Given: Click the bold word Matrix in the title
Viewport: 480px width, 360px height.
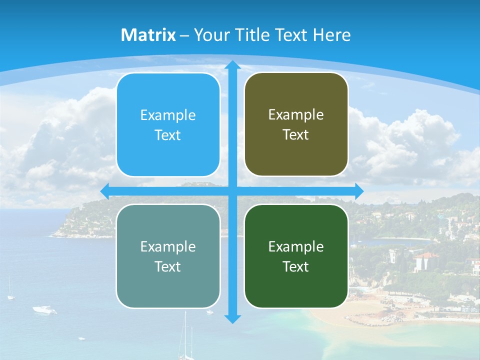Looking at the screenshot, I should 148,35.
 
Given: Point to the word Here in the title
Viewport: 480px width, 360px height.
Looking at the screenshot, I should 331,35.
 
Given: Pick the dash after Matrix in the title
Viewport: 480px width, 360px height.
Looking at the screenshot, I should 184,35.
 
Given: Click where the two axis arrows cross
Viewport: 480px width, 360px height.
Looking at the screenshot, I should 232,191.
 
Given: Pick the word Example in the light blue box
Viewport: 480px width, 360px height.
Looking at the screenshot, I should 168,115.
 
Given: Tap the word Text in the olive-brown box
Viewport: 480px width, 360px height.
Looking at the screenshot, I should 296,135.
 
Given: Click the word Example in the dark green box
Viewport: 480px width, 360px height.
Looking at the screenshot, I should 296,246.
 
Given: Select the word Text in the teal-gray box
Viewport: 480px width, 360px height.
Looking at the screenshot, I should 168,266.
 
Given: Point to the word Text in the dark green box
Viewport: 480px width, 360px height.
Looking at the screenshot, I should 296,266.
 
